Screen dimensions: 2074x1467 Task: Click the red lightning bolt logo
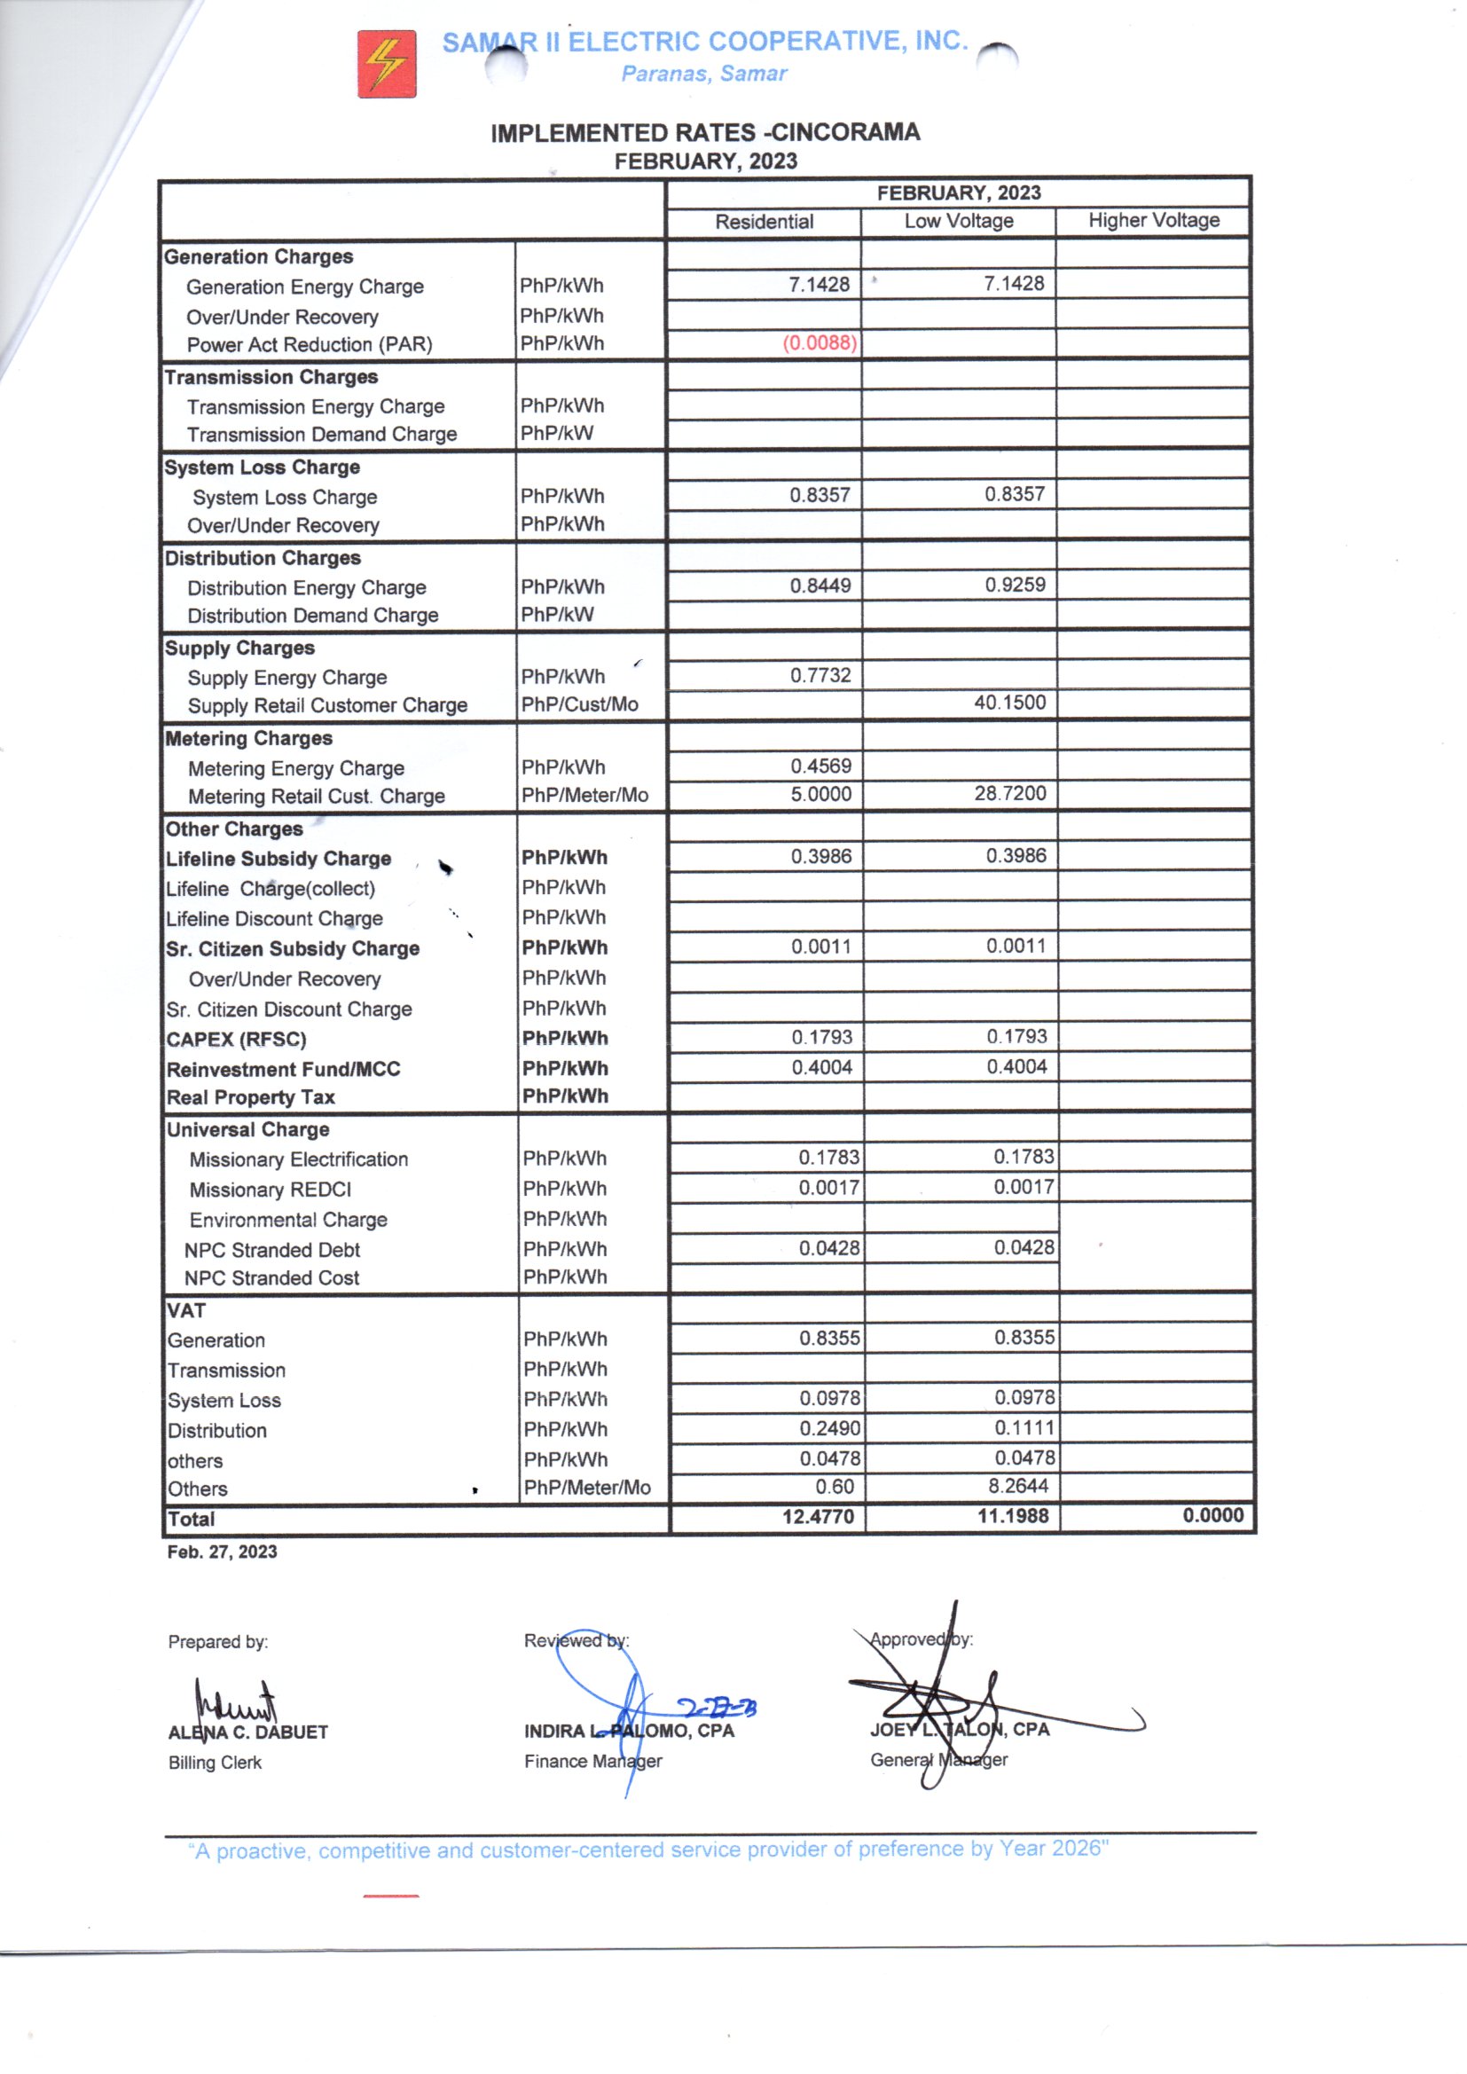tap(387, 64)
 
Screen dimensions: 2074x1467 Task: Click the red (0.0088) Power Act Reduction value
tap(819, 343)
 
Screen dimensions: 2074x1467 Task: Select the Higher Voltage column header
tap(1153, 220)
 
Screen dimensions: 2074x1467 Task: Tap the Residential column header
tap(764, 221)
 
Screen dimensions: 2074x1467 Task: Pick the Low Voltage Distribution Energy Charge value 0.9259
tap(1015, 585)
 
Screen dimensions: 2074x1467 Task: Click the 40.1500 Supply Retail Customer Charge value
tap(1009, 702)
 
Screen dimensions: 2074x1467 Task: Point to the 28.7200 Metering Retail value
tap(1009, 793)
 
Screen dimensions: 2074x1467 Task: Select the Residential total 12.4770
tap(818, 1516)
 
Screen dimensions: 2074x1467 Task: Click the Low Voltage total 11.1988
tap(1013, 1516)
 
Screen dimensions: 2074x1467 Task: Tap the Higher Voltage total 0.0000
tap(1212, 1515)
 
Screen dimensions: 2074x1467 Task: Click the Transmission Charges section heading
tap(271, 377)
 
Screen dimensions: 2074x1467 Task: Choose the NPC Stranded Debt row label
tap(272, 1249)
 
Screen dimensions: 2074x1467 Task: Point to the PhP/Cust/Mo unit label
tap(579, 704)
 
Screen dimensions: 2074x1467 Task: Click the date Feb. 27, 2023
tap(223, 1552)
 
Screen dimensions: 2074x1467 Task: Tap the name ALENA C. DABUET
tap(247, 1732)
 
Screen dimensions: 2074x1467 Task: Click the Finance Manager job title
tap(592, 1761)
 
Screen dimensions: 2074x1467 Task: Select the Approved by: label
tap(921, 1639)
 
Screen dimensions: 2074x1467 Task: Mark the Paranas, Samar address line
tap(703, 75)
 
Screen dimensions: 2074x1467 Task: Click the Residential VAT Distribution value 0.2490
tap(829, 1428)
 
